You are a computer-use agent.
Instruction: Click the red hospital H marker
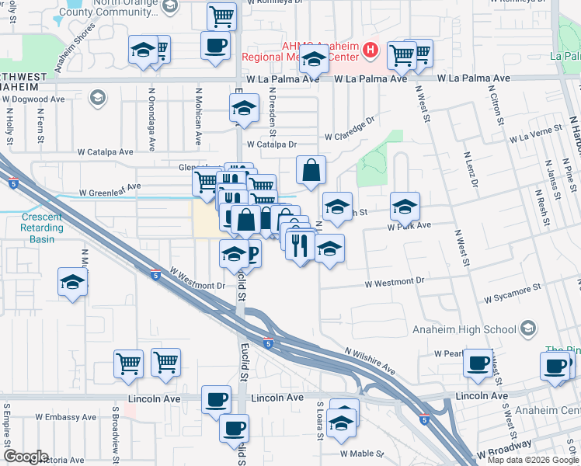point(371,52)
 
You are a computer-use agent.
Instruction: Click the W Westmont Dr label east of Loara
point(396,281)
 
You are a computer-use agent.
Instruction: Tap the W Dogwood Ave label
point(35,99)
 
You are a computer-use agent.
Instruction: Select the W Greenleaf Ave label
point(110,188)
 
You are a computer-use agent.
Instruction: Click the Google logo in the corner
point(25,457)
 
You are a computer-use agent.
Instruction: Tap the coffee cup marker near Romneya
point(215,45)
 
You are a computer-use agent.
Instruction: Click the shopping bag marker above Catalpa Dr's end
point(311,170)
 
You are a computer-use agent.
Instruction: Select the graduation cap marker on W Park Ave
point(405,207)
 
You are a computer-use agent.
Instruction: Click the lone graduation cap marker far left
point(72,282)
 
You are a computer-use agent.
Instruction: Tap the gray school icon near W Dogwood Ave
point(97,98)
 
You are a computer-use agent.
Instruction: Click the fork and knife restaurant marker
point(300,245)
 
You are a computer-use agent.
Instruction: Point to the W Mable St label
point(363,453)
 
